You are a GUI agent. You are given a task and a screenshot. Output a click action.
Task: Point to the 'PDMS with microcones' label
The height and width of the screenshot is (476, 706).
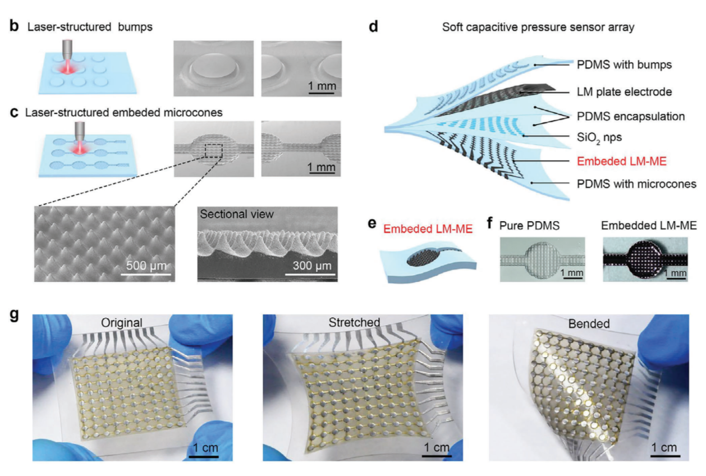[636, 184]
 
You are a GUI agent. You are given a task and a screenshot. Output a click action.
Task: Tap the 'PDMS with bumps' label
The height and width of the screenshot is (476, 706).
[624, 65]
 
